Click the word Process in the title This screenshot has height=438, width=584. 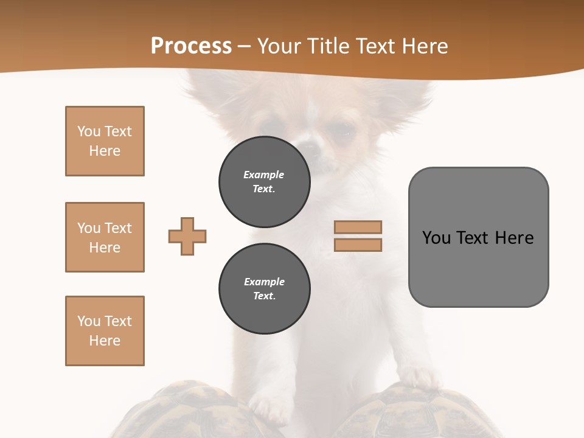coord(191,46)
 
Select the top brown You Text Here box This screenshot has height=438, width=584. coord(105,141)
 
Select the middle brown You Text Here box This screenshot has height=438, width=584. coord(105,237)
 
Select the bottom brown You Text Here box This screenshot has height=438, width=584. coord(105,331)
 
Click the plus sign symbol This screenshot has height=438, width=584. coord(187,237)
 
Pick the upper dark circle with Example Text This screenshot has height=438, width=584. coord(265,182)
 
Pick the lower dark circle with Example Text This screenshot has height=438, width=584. coord(265,289)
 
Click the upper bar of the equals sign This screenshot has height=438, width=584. coord(358,227)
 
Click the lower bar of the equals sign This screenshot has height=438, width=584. coord(358,245)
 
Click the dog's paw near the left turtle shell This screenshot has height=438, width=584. coord(271,405)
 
